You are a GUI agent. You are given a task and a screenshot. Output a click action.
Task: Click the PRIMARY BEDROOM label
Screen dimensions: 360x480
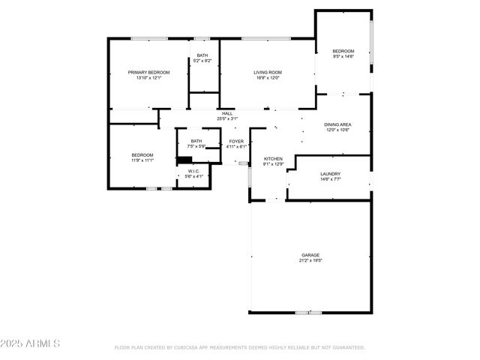tap(148, 72)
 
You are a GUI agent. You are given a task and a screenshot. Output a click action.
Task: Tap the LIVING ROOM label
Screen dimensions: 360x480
tap(266, 72)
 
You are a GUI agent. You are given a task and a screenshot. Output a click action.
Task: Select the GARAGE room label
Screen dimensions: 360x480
tap(310, 255)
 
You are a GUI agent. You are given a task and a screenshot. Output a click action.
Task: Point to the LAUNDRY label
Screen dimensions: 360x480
tap(330, 173)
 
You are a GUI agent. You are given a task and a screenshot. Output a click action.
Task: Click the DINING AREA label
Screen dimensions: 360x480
tap(337, 124)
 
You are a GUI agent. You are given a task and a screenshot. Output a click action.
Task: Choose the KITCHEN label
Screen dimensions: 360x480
tap(272, 158)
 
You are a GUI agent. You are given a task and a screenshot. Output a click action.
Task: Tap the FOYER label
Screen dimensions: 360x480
tap(236, 141)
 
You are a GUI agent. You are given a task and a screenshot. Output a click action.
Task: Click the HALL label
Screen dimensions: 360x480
tap(227, 113)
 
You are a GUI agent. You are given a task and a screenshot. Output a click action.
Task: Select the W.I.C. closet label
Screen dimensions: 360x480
tap(193, 172)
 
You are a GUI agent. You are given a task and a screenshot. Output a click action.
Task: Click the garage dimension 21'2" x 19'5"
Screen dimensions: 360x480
tap(310, 261)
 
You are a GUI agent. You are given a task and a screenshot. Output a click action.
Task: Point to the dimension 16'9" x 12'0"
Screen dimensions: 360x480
tap(266, 78)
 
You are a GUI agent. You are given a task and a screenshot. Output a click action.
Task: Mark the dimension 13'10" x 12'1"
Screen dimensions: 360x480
tap(148, 78)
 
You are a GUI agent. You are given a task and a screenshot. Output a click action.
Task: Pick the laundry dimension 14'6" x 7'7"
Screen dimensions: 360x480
tap(330, 179)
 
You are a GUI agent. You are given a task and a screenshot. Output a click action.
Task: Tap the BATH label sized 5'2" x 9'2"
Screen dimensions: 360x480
tap(202, 55)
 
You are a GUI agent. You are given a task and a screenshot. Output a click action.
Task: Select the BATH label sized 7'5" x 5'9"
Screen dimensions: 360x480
tap(196, 141)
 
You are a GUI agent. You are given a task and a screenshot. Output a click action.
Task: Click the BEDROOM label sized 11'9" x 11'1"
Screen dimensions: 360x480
tap(142, 154)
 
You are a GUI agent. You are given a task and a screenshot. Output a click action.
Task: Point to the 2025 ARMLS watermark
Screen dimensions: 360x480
tap(30, 343)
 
